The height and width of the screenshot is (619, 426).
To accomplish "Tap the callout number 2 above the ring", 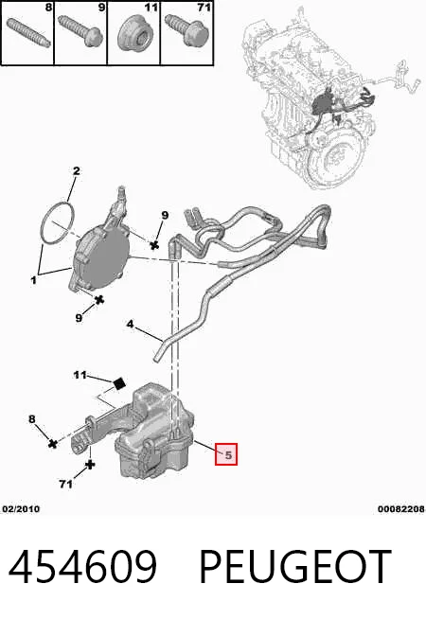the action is coord(76,170).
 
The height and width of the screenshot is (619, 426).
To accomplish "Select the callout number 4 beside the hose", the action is coord(131,324).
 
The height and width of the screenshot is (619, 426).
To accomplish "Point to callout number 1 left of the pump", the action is coord(33,280).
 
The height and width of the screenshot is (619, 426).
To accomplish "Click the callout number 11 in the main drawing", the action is coord(80,374).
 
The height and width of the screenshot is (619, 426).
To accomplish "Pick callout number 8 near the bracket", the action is coord(32,419).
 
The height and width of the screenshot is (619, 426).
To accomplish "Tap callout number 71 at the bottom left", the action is coord(65,484).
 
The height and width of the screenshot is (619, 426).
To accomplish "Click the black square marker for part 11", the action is coord(119,383).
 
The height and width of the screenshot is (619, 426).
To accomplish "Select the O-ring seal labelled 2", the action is coord(57,222).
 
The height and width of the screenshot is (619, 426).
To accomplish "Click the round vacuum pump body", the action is coord(102,258).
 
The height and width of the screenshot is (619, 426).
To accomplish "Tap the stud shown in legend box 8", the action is coord(28,32).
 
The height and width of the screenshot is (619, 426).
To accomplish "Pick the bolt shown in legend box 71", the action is coord(186,29).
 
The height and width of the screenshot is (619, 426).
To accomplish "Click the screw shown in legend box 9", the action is coord(80,31).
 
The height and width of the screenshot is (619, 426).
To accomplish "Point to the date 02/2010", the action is coord(21,509).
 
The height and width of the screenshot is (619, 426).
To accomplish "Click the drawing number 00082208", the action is coord(400,509).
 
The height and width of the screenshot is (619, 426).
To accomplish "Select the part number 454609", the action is coord(82,566).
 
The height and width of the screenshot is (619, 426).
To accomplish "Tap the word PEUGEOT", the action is coord(295,566).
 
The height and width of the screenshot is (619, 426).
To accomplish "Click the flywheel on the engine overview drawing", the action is coord(335,157).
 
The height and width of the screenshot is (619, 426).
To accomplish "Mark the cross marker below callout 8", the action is coord(52,443).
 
